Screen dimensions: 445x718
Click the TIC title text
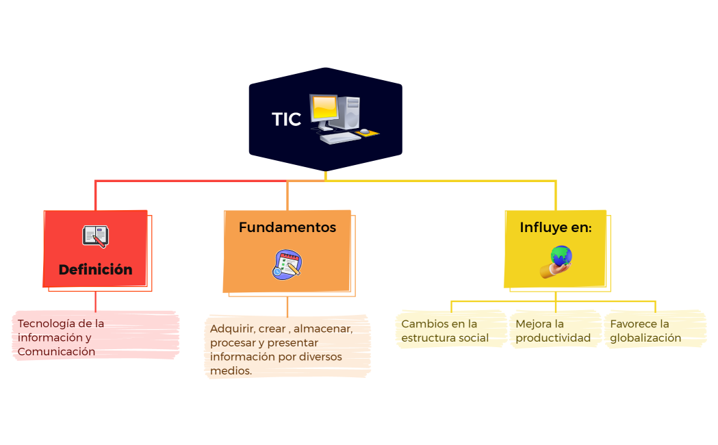click(286, 119)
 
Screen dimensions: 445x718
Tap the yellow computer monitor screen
click(324, 108)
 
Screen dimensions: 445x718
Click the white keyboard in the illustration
click(340, 138)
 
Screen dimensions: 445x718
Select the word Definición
click(95, 269)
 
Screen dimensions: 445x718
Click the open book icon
click(95, 236)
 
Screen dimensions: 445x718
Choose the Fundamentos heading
click(287, 227)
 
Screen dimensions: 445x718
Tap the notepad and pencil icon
click(287, 264)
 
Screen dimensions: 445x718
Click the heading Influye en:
click(555, 227)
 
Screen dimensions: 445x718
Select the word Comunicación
click(56, 351)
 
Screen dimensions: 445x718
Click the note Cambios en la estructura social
click(445, 331)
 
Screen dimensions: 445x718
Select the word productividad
click(553, 338)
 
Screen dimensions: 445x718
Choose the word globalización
click(645, 338)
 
